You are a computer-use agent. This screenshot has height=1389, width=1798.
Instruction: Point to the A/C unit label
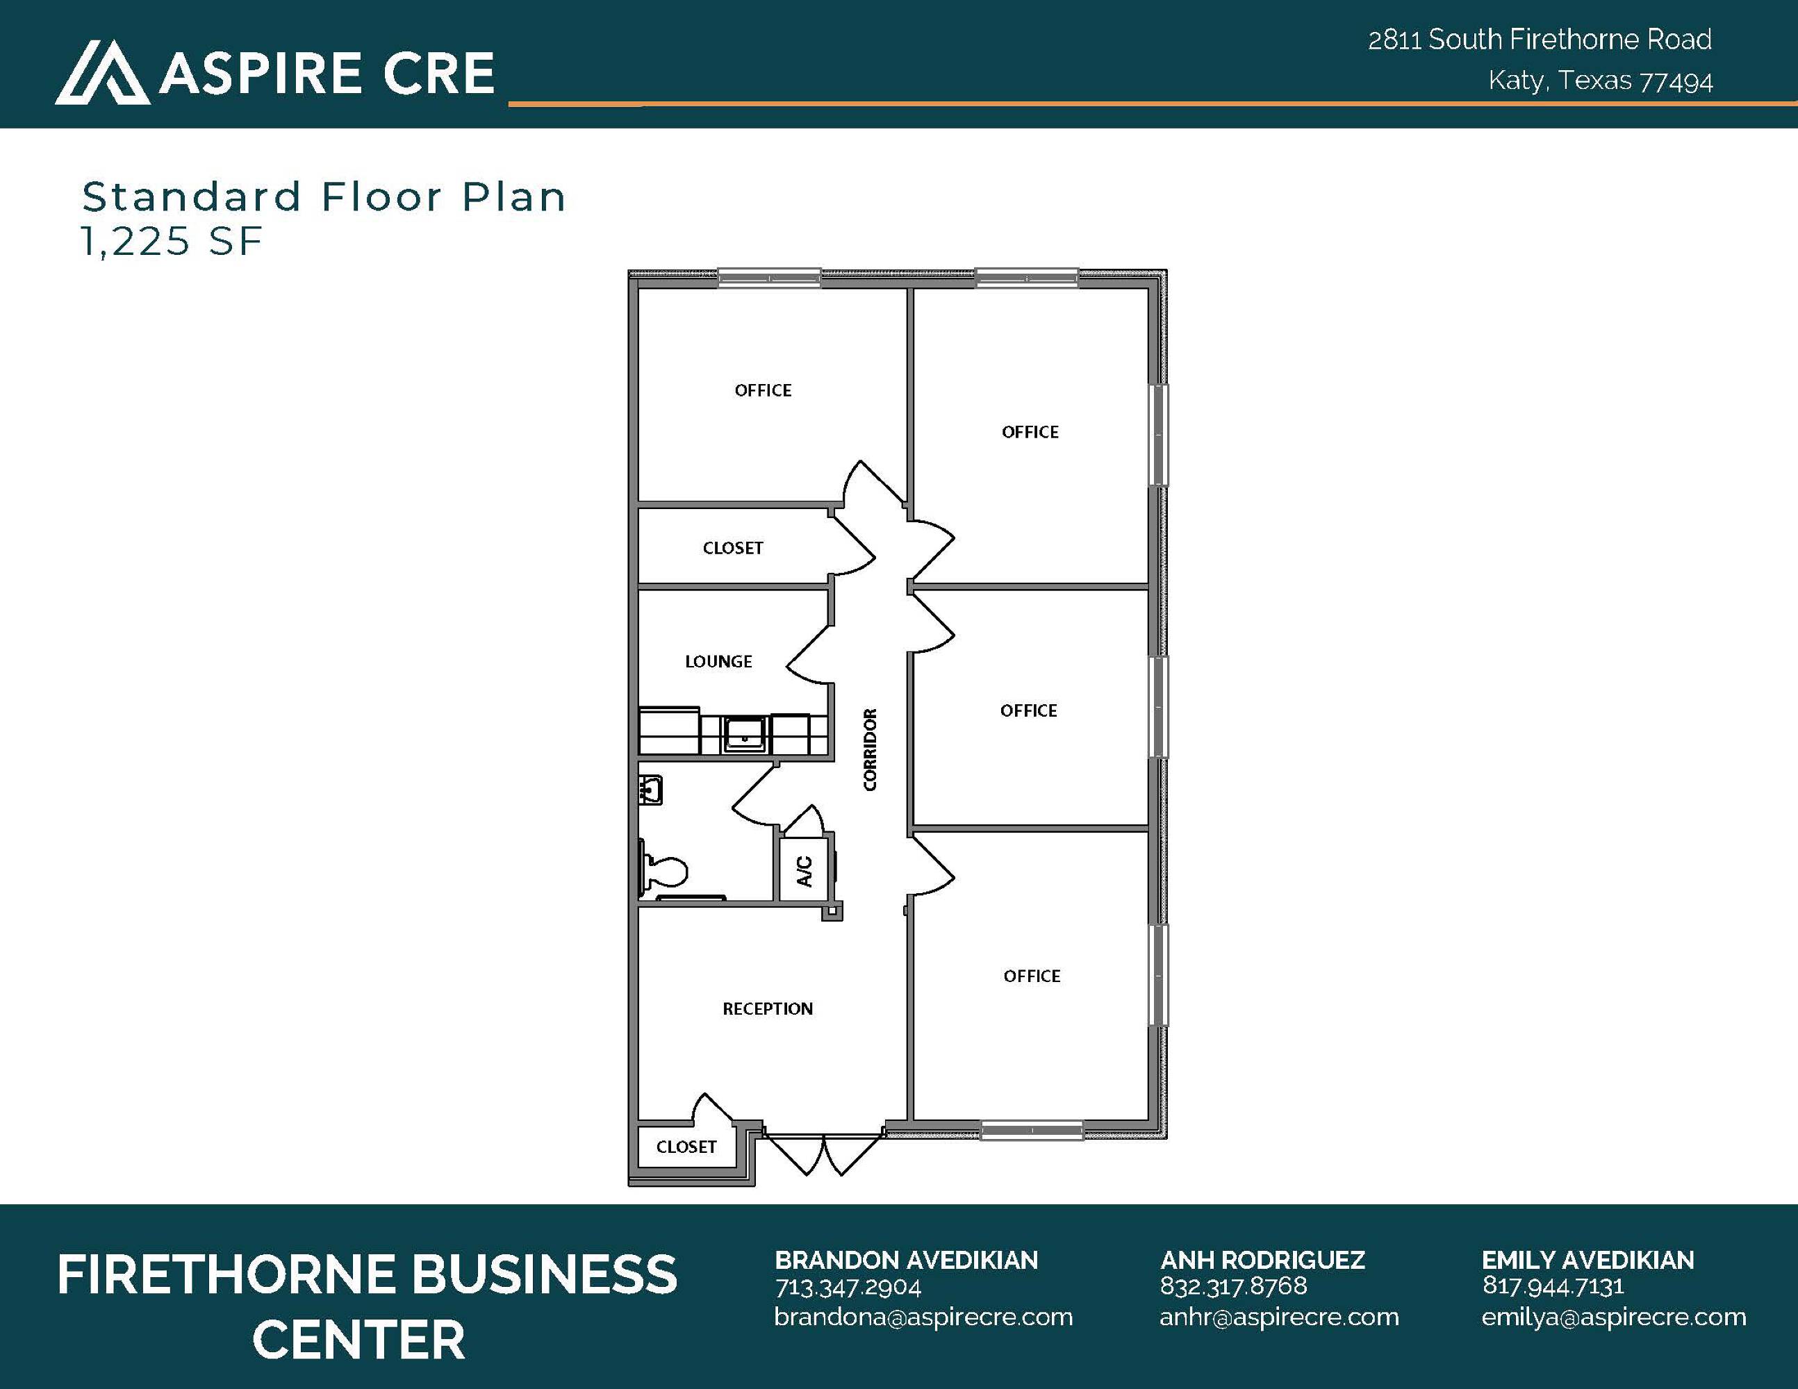coord(805,872)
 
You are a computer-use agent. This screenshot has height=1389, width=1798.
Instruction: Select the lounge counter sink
coord(744,733)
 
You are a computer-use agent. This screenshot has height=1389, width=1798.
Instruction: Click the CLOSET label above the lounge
coord(733,548)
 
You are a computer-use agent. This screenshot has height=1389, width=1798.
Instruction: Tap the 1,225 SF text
coord(171,241)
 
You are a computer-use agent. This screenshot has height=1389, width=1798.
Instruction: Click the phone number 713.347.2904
coord(848,1287)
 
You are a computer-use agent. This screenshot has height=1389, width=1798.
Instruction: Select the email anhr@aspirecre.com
coord(1279,1317)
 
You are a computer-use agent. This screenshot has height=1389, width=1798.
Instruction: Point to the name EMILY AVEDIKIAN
coord(1588,1260)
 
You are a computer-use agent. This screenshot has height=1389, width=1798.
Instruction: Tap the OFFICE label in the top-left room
coord(763,390)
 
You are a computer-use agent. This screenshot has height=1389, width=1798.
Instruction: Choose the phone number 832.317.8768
coord(1233,1286)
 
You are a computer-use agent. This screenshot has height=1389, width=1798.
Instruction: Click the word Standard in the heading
coord(192,197)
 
